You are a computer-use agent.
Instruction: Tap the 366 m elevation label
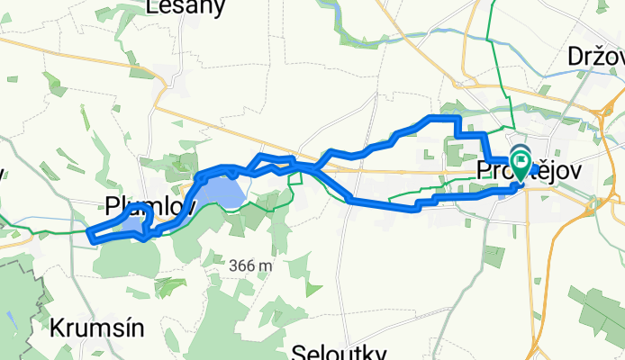pos(250,265)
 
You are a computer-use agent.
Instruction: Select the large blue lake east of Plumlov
pos(222,191)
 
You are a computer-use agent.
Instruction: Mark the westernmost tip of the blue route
pos(89,234)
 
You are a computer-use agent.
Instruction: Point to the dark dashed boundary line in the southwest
pos(27,270)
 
